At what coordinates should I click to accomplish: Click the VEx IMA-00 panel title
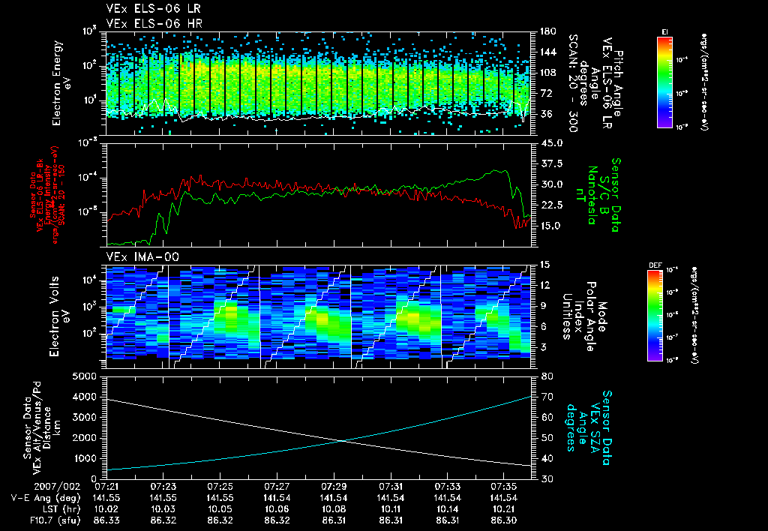point(136,257)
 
